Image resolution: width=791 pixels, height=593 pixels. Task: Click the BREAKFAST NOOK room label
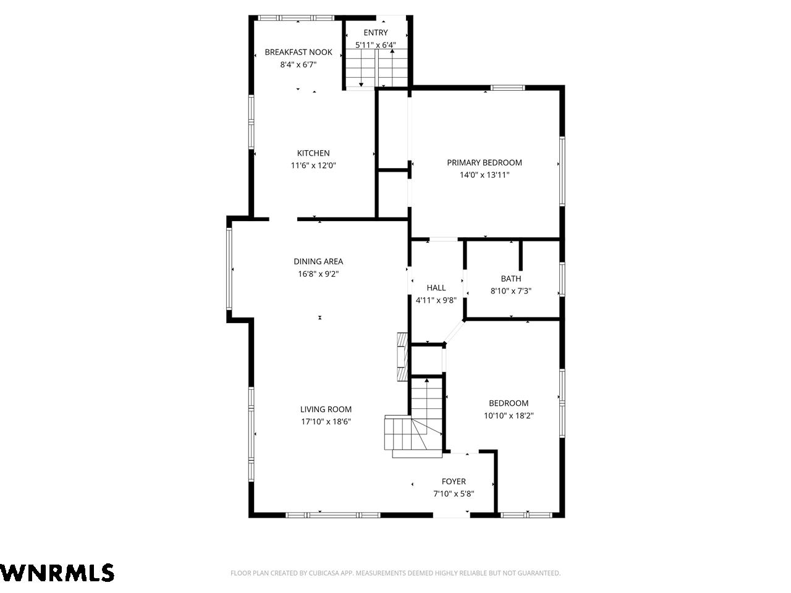[298, 53]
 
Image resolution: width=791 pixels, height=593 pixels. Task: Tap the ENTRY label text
[376, 33]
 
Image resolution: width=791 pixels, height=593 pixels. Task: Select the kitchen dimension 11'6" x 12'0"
[313, 166]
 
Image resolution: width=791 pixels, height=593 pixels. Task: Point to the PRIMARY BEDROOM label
[484, 162]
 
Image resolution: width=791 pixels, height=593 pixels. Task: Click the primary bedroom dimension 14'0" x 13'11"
[484, 175]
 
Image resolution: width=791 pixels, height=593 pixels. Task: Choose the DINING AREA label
[318, 261]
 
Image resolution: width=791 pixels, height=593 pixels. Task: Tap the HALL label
[436, 288]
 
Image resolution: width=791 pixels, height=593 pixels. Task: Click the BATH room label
[510, 279]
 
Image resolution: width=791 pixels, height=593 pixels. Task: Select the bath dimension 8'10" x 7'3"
[510, 291]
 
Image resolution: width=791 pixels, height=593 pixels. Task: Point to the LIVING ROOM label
[326, 410]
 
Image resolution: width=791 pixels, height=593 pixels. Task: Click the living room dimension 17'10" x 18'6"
[326, 422]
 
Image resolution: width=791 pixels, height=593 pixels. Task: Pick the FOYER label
[454, 481]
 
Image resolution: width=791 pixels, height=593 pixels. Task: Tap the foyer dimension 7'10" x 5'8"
[454, 494]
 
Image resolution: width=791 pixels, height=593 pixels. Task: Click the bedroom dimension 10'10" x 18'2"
[509, 416]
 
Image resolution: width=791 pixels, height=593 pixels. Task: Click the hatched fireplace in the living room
[402, 356]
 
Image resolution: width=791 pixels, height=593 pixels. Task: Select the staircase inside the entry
[376, 68]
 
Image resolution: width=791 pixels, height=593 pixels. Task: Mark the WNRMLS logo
[57, 573]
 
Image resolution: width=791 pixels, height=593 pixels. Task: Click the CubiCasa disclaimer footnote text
[395, 573]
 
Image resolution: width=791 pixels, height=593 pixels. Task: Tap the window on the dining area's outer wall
[229, 269]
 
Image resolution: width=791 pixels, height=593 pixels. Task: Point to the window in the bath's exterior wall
[562, 279]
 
